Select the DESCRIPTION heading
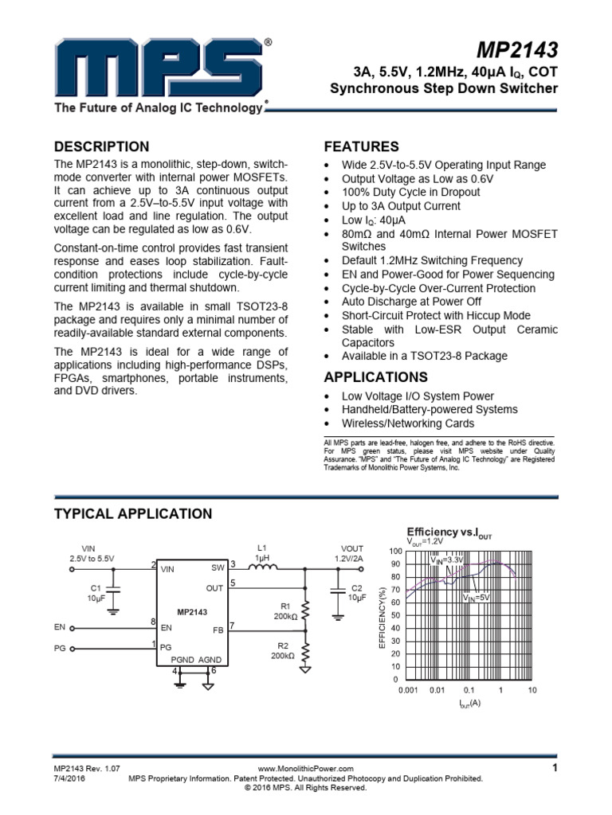(x=101, y=146)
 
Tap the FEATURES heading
(x=362, y=146)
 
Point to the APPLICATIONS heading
(x=376, y=376)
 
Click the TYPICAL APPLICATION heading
(x=133, y=513)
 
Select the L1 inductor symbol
(x=262, y=567)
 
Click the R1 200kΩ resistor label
(x=284, y=611)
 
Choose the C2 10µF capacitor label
(x=356, y=592)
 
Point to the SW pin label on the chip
(x=218, y=568)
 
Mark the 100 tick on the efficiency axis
(x=396, y=551)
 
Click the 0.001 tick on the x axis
(x=407, y=690)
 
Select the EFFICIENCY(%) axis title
(x=382, y=616)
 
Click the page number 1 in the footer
(x=553, y=767)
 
